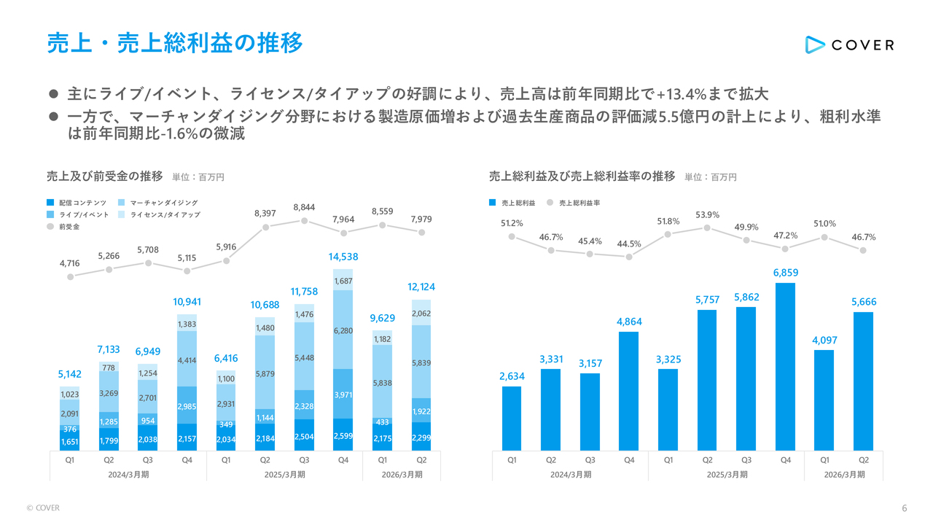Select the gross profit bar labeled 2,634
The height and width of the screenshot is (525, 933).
point(512,418)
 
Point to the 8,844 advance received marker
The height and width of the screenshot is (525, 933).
point(304,221)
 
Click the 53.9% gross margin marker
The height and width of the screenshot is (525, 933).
point(707,228)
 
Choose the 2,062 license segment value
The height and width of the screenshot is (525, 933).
point(421,314)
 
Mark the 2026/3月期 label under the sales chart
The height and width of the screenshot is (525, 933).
point(402,475)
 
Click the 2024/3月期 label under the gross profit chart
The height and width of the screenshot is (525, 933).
point(570,475)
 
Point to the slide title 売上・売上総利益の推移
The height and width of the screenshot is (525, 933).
point(174,43)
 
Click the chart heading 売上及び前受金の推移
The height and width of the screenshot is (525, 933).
point(105,176)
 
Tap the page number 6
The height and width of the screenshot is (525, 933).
point(904,508)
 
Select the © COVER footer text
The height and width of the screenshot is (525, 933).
point(43,508)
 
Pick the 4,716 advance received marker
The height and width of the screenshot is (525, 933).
point(70,276)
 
